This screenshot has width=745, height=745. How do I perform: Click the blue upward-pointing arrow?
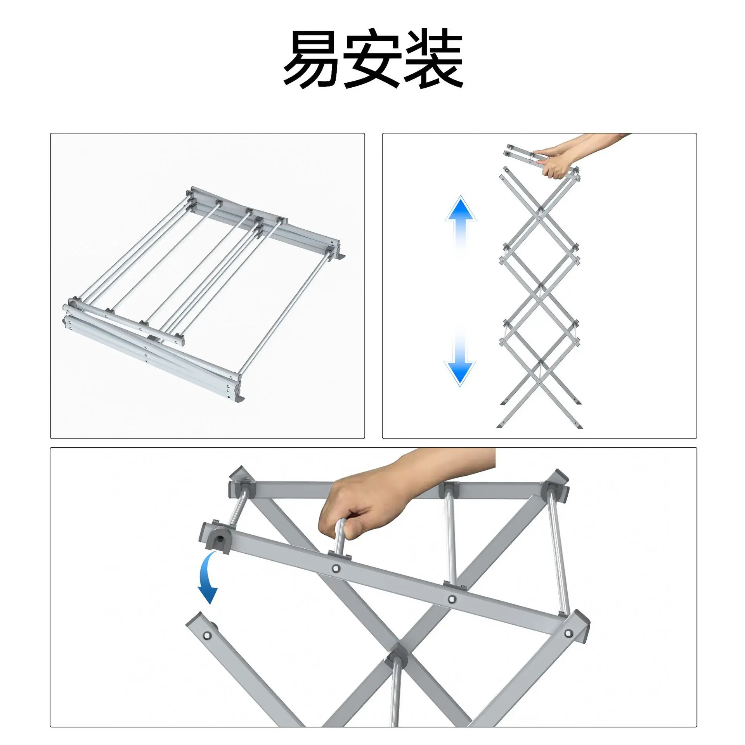pos(461,221)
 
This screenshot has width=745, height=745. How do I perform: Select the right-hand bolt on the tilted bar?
pos(451,599)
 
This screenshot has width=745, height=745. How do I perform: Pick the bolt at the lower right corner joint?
pos(569,634)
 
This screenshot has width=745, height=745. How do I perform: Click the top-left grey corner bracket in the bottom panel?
pos(241,482)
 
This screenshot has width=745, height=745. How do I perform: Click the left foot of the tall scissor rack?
pos(500,425)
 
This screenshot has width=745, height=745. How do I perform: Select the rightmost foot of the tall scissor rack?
pos(579,426)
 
